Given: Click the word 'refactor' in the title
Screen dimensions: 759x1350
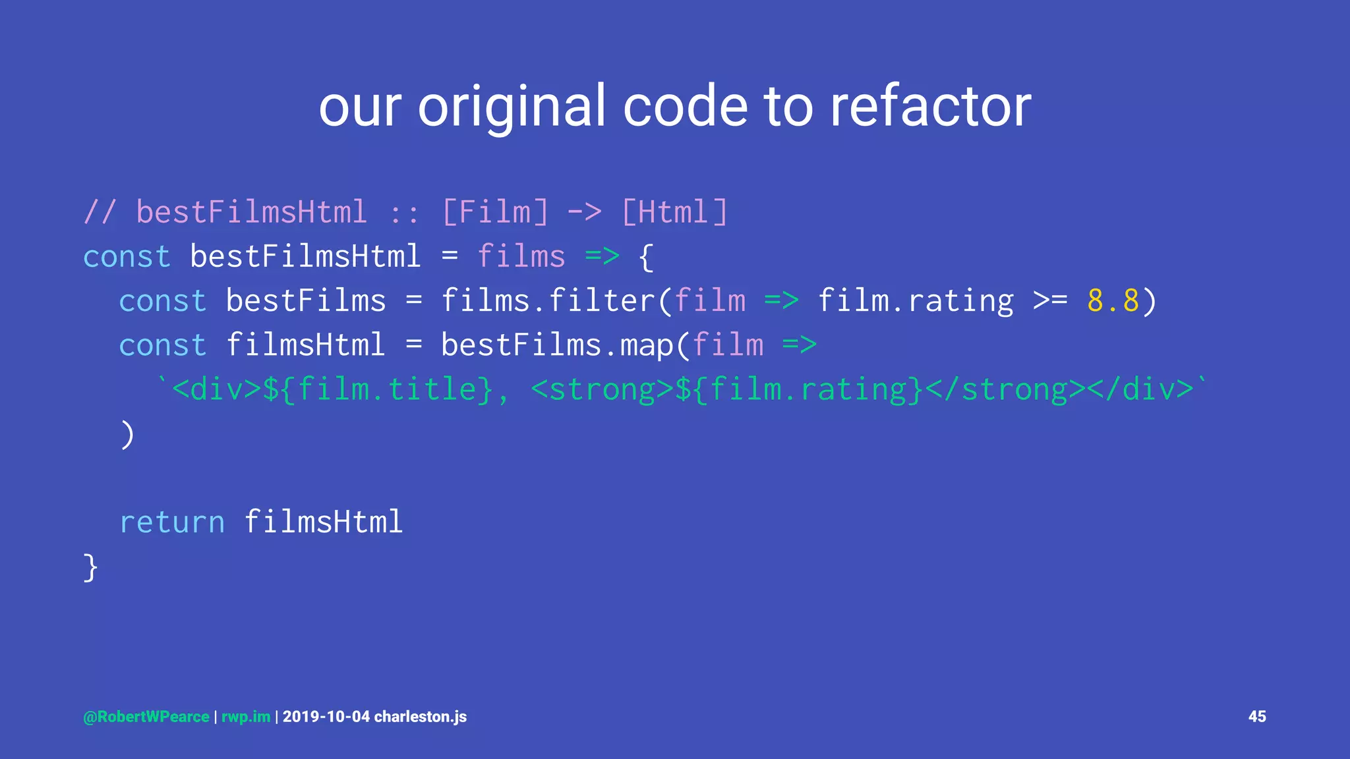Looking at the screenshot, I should [x=930, y=107].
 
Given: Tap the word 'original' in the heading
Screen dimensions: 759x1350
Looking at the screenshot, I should [x=512, y=107].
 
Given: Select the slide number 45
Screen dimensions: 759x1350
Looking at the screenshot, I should [x=1257, y=716].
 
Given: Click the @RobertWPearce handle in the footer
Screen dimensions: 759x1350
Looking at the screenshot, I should [x=146, y=717].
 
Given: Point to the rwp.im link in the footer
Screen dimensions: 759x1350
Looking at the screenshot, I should [x=246, y=717].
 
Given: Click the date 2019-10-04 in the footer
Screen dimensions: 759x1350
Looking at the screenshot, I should [x=326, y=717].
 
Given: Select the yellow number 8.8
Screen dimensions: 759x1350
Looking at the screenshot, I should [x=1113, y=301].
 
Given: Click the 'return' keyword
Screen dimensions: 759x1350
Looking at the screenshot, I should [x=172, y=522].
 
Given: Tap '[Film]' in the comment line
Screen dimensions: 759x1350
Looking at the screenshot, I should [x=495, y=212].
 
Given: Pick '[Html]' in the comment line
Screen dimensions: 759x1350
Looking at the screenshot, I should [x=674, y=212].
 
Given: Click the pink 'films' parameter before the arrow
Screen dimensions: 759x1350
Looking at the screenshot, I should [x=521, y=256].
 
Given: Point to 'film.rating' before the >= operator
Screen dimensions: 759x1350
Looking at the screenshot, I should [x=916, y=301].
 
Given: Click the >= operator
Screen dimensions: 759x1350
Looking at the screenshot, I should [x=1050, y=301].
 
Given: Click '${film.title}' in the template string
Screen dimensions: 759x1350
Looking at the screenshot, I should [x=378, y=389].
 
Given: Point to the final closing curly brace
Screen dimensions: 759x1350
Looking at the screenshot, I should [x=90, y=567].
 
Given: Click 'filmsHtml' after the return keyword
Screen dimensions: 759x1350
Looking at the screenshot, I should [x=323, y=522].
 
